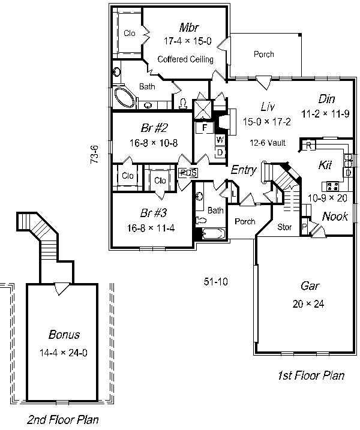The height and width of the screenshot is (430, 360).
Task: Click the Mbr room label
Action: (189, 28)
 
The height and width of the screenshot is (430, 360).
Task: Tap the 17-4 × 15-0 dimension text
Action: (188, 41)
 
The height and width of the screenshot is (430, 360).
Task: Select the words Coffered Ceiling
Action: (185, 59)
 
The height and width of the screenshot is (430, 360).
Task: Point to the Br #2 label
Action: (154, 128)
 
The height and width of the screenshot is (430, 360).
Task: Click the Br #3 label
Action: (154, 213)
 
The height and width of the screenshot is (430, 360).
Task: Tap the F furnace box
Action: (204, 128)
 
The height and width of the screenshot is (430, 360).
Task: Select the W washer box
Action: (220, 140)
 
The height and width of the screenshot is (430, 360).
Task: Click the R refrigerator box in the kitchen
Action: (308, 145)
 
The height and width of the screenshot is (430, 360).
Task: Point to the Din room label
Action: (326, 99)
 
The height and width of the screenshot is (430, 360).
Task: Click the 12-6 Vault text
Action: (268, 143)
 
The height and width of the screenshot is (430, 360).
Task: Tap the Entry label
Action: (244, 170)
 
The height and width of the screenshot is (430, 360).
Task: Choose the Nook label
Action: (335, 216)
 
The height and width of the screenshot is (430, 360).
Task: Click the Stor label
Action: (284, 227)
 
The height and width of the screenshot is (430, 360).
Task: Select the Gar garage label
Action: (310, 286)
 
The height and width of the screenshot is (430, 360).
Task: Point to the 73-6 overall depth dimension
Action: (94, 155)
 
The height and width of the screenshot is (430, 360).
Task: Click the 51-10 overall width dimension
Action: (215, 282)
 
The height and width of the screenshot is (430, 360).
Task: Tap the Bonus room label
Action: (64, 335)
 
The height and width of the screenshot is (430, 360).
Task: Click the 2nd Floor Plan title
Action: (63, 420)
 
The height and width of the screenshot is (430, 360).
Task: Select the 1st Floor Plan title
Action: (311, 375)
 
